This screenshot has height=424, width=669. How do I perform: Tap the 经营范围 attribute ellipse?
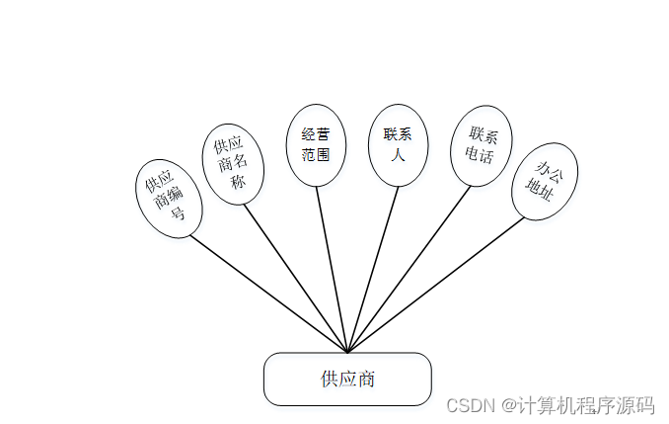click(x=316, y=144)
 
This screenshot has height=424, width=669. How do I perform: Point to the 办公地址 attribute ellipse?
click(x=545, y=181)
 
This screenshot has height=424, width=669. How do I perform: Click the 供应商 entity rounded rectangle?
click(x=347, y=379)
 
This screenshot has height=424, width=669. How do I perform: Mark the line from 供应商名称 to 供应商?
click(x=295, y=277)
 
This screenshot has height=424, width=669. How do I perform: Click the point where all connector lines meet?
click(x=347, y=351)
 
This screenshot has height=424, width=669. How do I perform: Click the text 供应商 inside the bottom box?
click(x=347, y=379)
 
